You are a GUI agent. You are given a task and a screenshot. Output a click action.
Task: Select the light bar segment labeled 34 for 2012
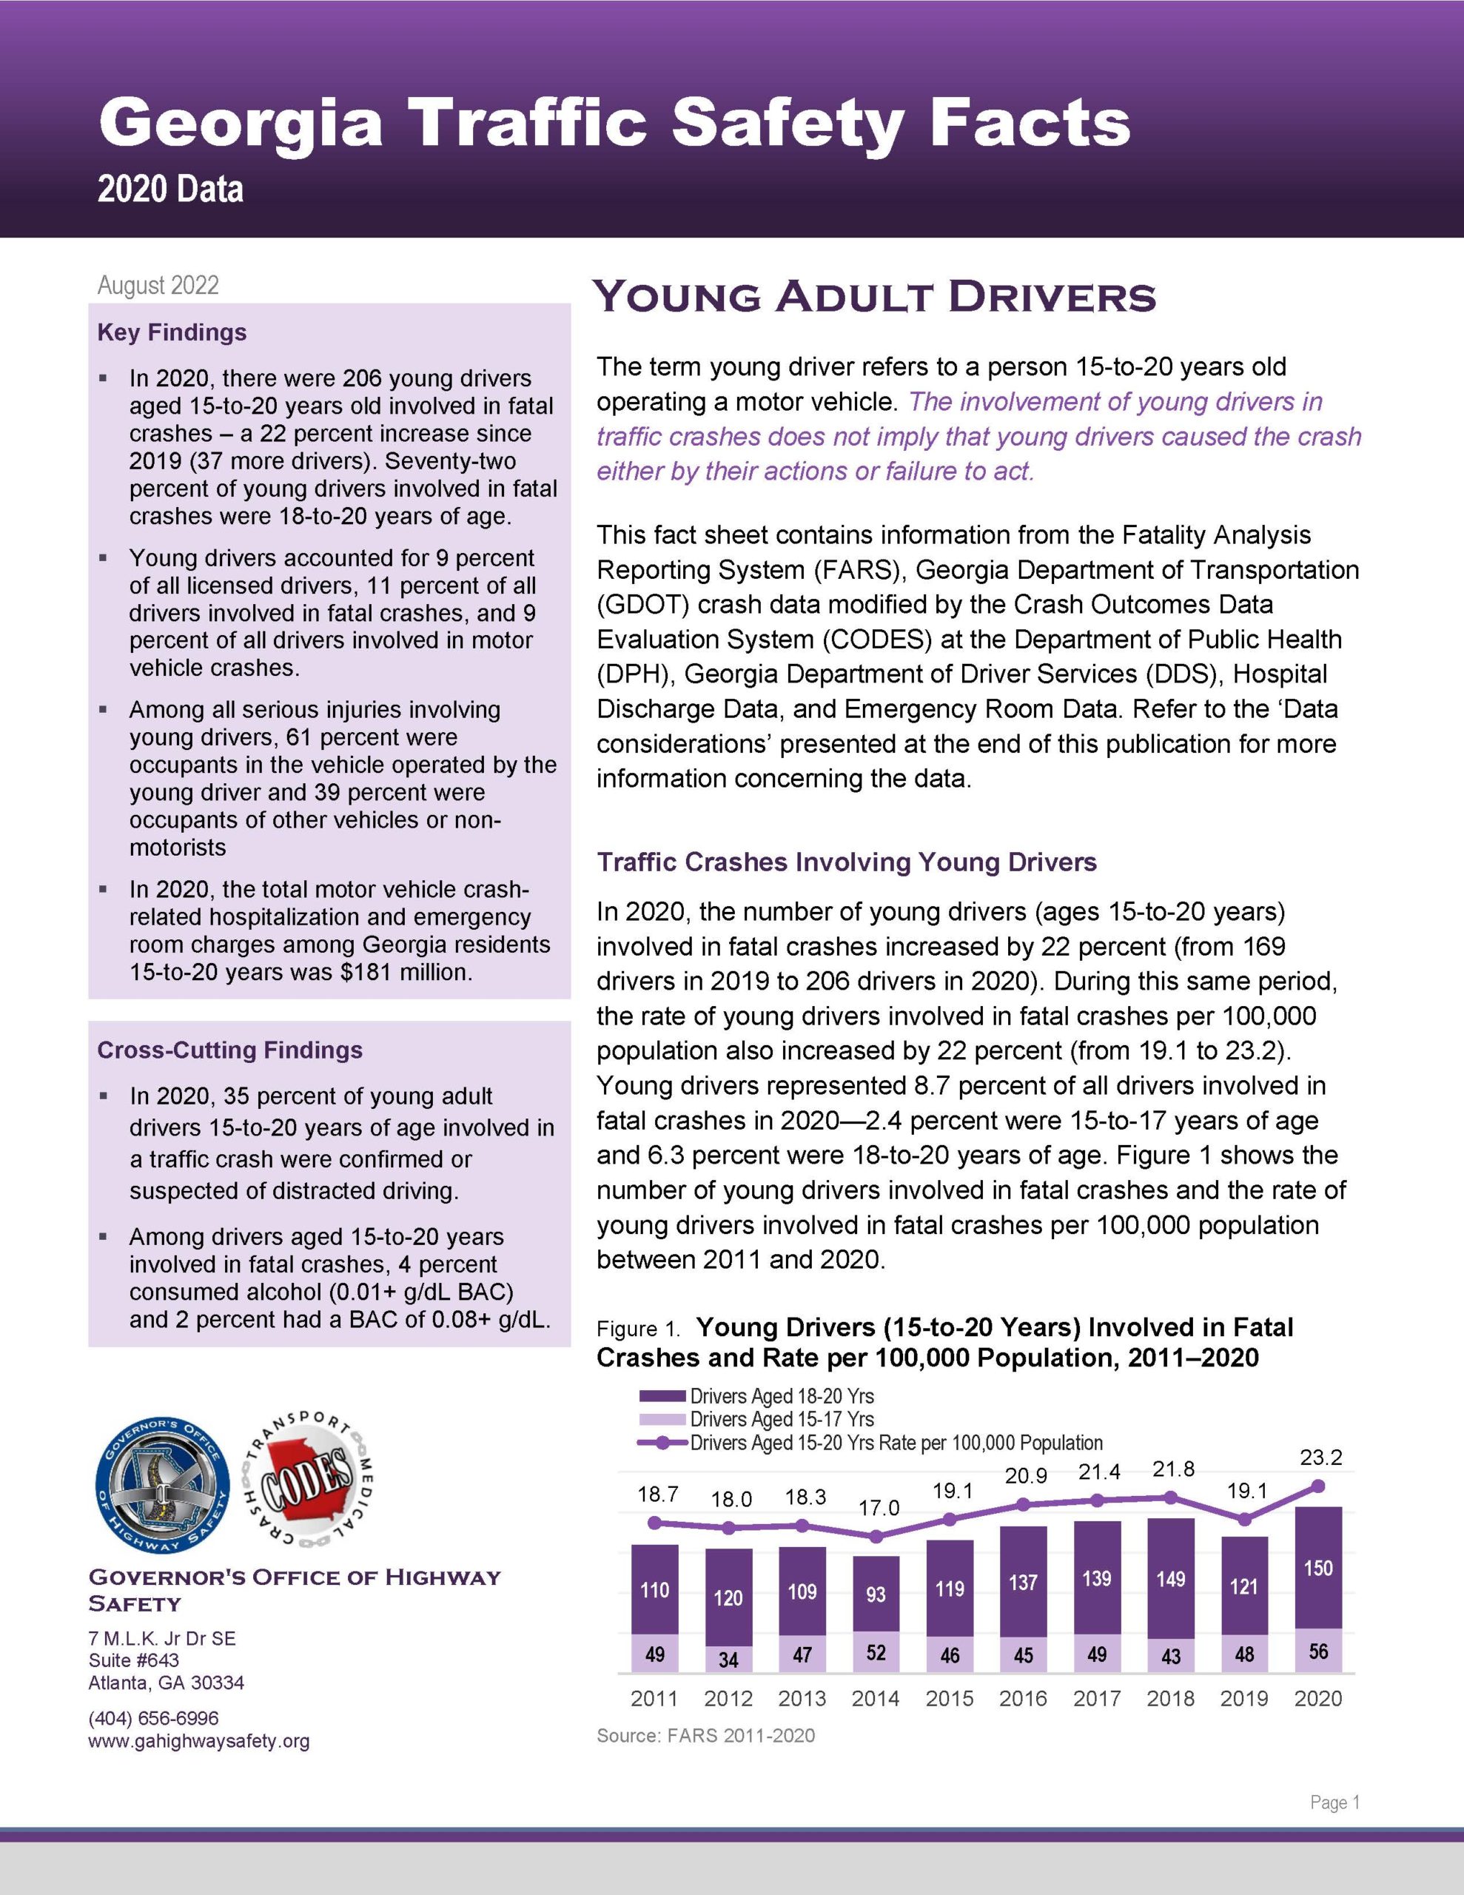point(728,1659)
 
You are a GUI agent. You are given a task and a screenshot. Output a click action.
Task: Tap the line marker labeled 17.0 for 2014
point(876,1537)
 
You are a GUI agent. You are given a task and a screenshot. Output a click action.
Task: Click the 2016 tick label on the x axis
point(1023,1698)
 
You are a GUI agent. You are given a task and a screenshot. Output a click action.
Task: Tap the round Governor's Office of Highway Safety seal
point(163,1486)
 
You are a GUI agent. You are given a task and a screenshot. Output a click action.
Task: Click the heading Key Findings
point(172,332)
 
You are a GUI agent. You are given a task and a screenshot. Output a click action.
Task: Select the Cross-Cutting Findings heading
point(229,1050)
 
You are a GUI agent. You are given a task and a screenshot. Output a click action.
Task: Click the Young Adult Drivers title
point(874,298)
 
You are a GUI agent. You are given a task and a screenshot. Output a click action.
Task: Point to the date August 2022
point(158,286)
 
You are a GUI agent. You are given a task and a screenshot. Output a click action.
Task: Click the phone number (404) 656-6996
point(154,1719)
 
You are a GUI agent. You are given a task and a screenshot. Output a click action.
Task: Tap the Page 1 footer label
point(1334,1802)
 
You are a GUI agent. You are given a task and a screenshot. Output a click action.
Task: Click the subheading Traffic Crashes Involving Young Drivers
point(846,862)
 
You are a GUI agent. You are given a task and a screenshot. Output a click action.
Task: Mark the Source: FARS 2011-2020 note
point(705,1735)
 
